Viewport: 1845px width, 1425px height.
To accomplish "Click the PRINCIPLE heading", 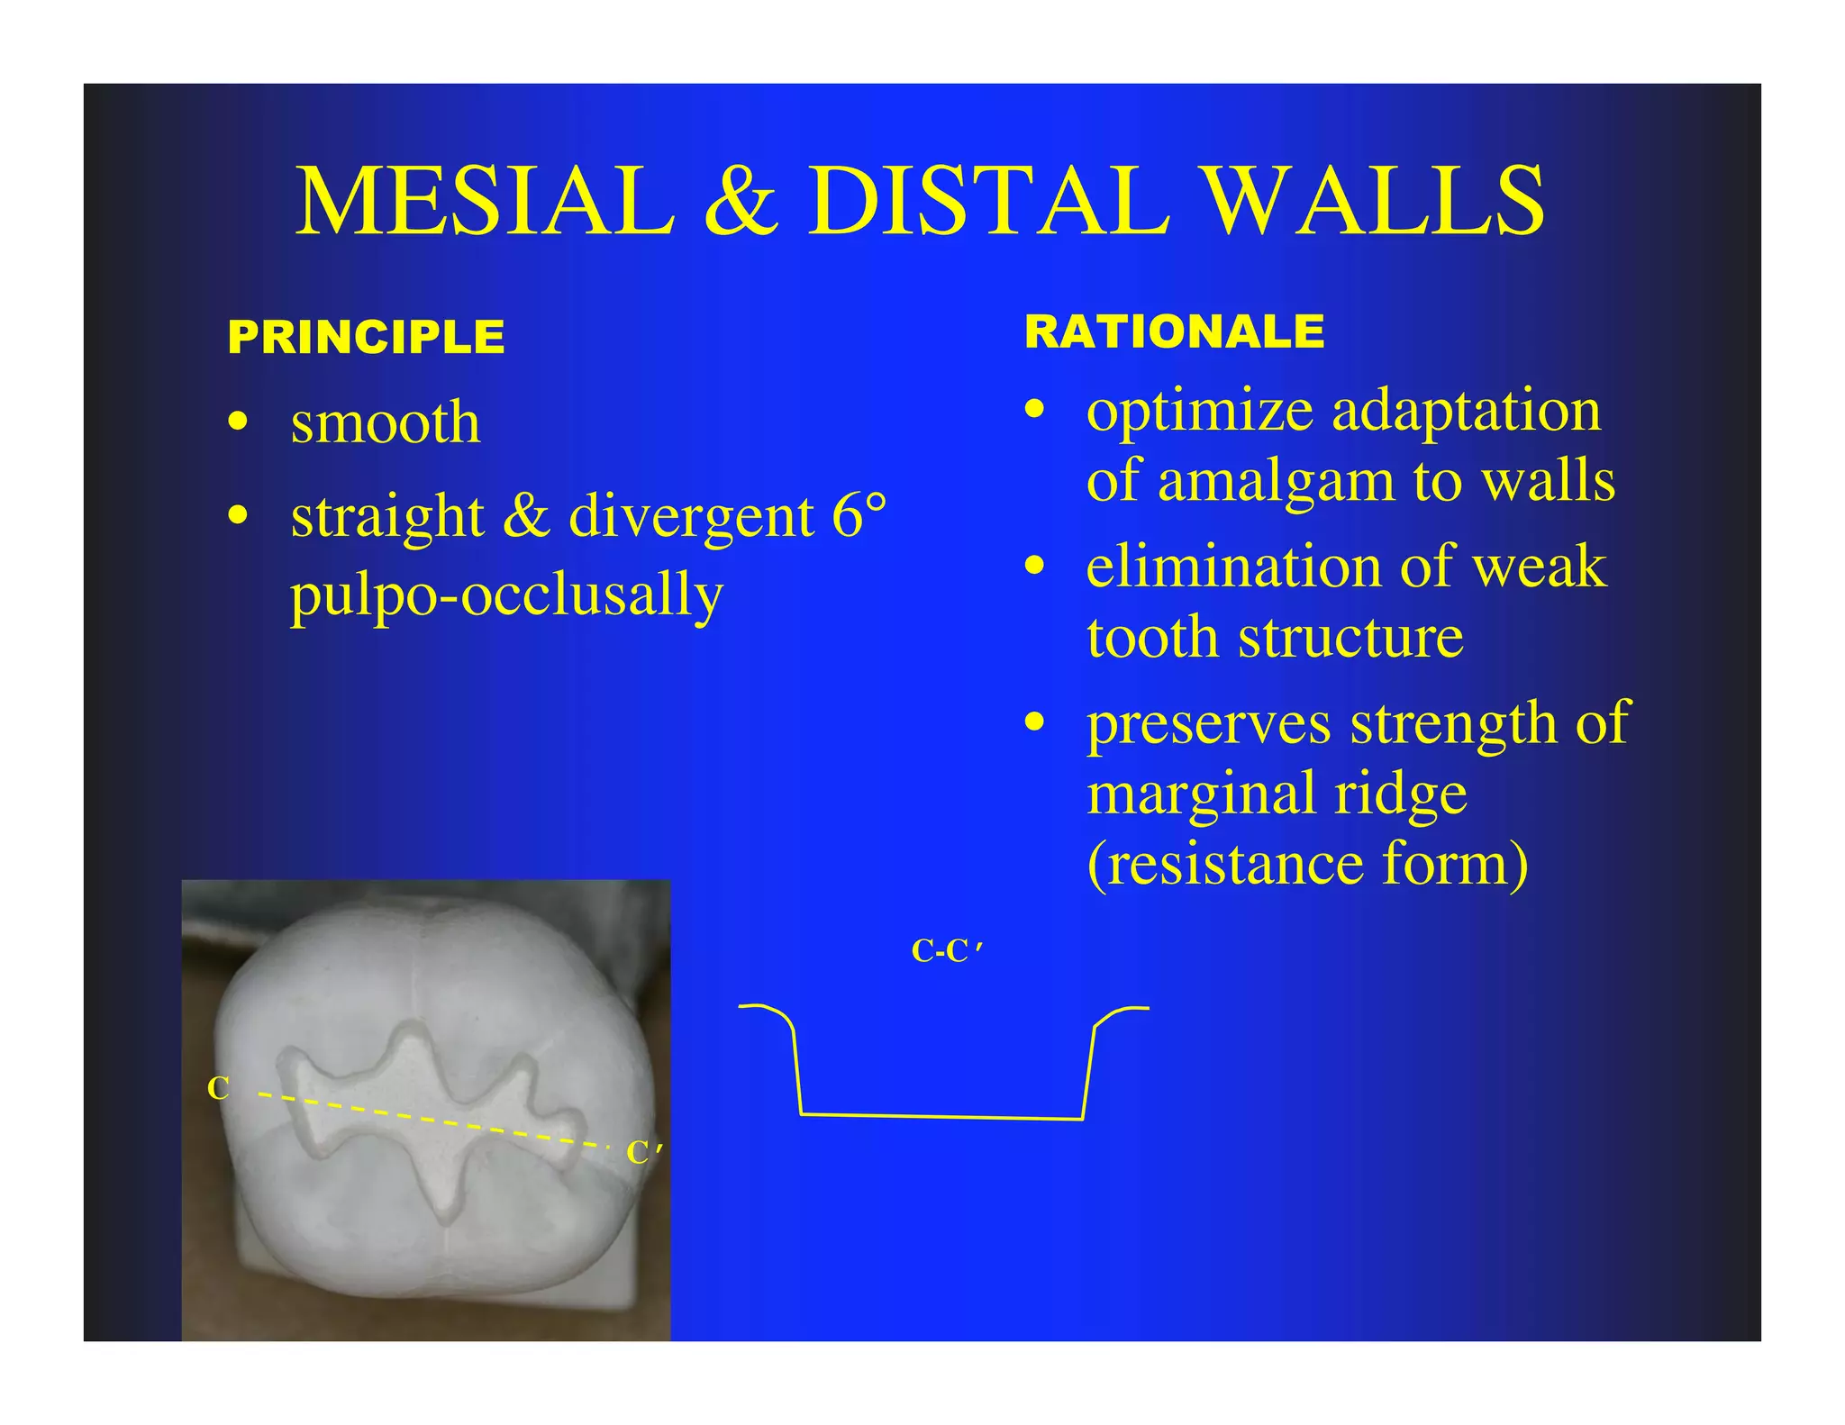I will coord(366,338).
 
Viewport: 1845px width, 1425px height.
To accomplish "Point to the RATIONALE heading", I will coord(1174,331).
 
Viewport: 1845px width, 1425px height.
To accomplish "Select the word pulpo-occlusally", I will coord(506,595).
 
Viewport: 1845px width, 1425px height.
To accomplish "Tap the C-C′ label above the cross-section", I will coord(946,951).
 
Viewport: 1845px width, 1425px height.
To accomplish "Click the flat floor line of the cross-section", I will coord(941,1117).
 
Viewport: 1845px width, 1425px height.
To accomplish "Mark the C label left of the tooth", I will coord(218,1088).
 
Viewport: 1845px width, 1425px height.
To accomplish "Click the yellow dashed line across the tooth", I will coord(432,1120).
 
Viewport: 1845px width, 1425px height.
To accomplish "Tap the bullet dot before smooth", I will coord(238,422).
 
